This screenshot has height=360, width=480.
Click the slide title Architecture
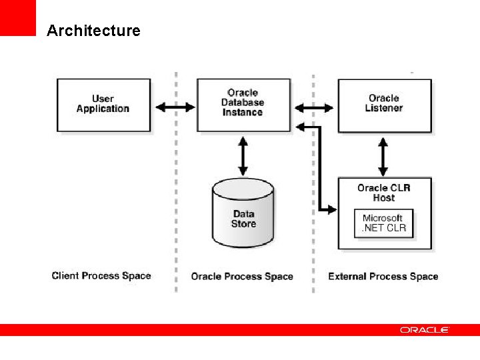tap(93, 31)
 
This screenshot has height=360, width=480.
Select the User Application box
tap(103, 104)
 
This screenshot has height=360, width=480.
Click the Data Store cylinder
tap(243, 213)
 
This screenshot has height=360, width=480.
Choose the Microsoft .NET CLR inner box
tap(383, 223)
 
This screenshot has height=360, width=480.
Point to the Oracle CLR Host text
tap(384, 193)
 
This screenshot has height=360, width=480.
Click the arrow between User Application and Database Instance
tap(175, 107)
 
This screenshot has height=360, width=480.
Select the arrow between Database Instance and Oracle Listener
tap(314, 107)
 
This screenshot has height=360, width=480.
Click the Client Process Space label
tap(101, 275)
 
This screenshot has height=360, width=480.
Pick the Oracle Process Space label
tap(242, 276)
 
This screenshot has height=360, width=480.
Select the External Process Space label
tap(383, 276)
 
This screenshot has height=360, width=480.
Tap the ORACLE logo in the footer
tap(425, 330)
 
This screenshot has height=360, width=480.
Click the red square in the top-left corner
tap(17, 17)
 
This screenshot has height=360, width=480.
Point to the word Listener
tap(384, 108)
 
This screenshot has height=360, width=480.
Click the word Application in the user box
tap(103, 109)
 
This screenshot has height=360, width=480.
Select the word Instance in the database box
tap(243, 113)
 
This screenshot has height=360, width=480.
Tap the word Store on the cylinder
tap(243, 224)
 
